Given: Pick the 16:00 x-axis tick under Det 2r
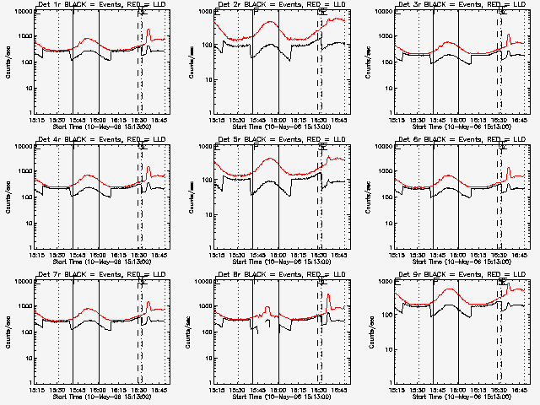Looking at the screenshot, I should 278,120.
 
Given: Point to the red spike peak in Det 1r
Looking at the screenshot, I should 148,30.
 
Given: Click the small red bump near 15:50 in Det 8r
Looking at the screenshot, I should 267,308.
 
